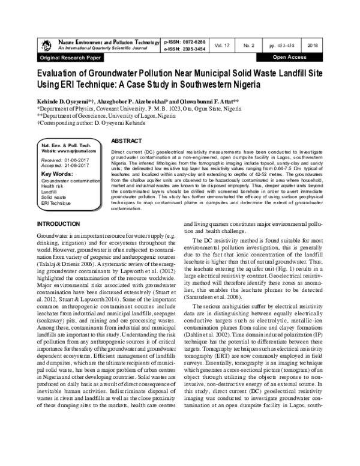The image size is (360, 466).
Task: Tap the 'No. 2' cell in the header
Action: pyautogui.click(x=246, y=46)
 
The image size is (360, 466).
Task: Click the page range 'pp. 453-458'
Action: pyautogui.click(x=282, y=46)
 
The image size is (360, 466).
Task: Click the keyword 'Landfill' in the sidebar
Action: pyautogui.click(x=50, y=192)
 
